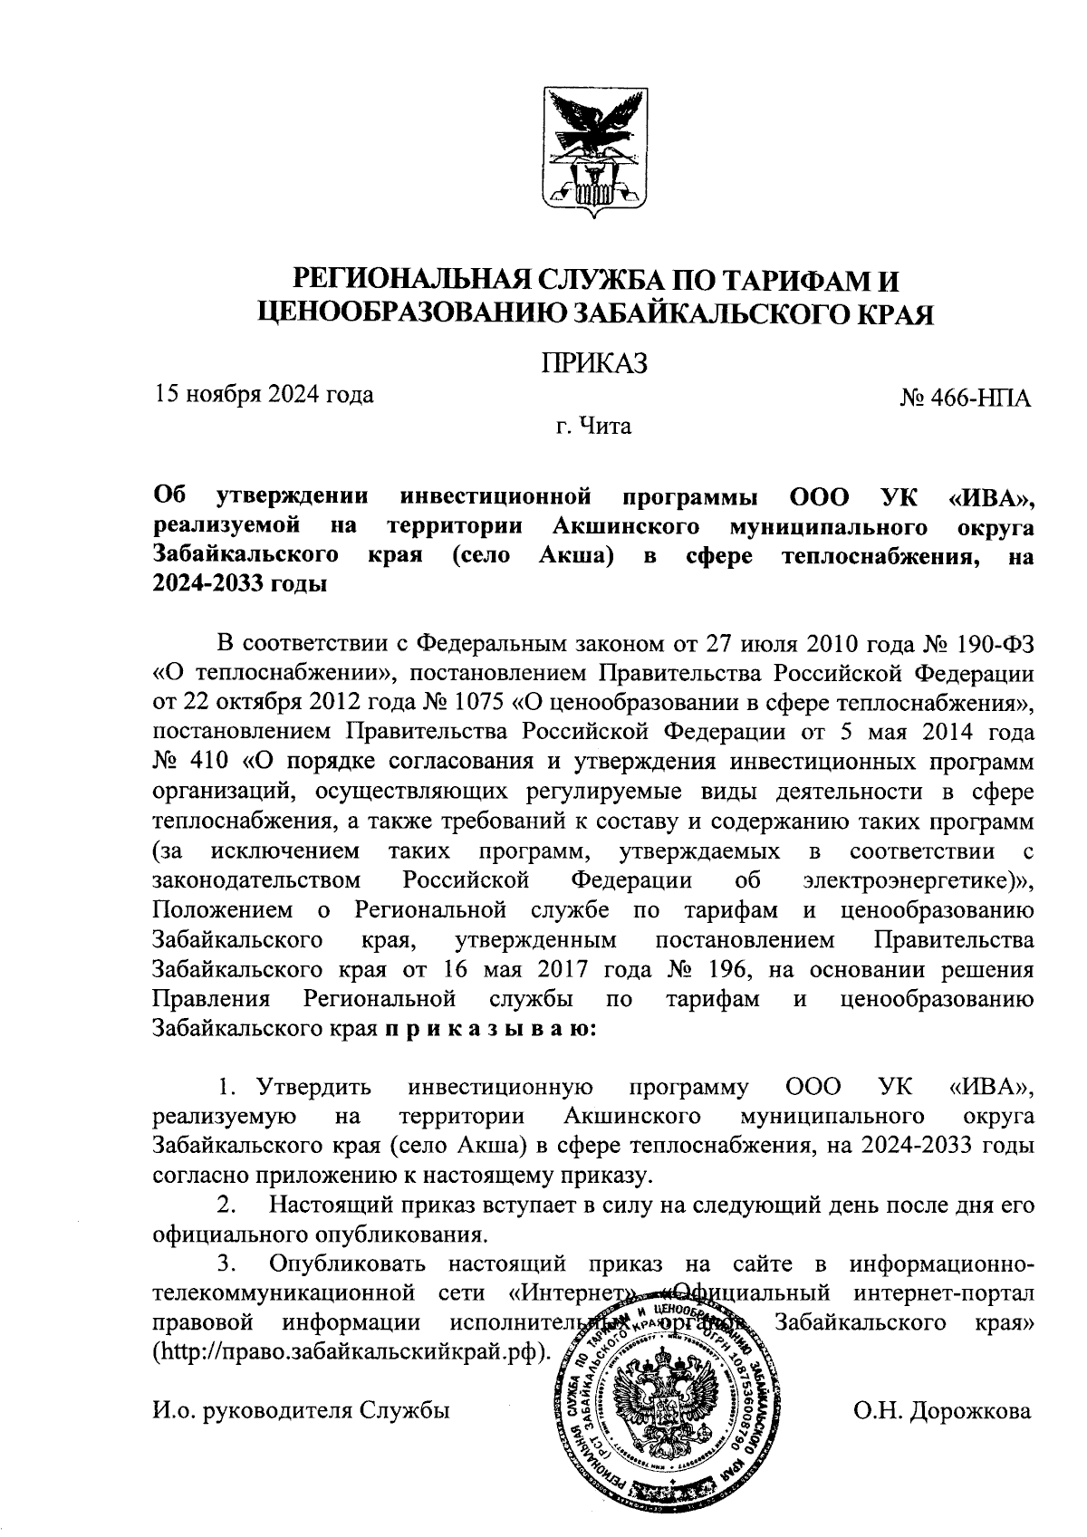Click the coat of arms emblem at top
pos(594,152)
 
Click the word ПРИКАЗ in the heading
pos(595,363)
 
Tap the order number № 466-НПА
pos(966,399)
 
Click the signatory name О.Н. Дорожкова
pos(942,1411)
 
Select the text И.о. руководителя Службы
pos(302,1411)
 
